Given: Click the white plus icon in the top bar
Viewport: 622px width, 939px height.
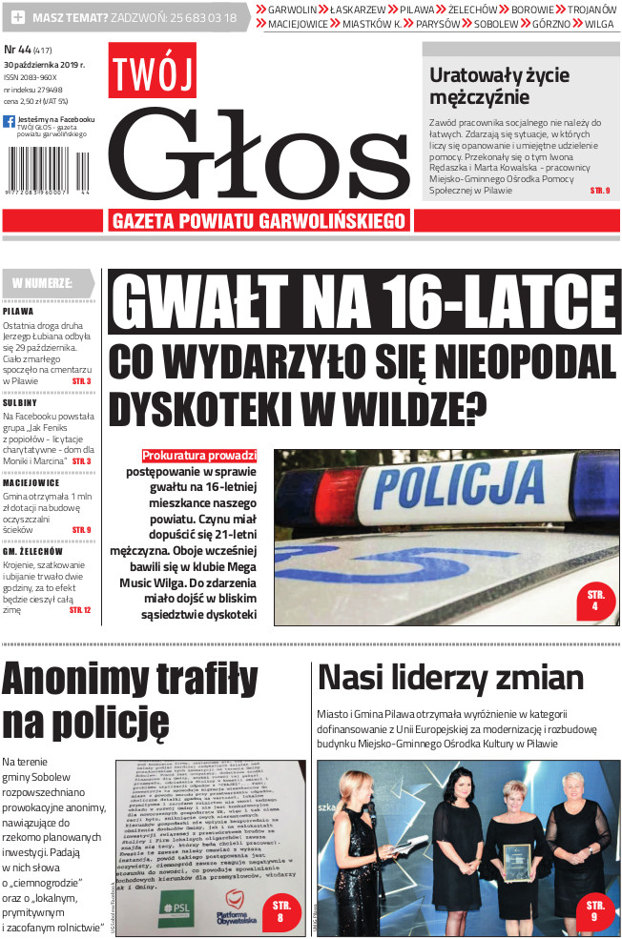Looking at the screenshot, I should coord(18,18).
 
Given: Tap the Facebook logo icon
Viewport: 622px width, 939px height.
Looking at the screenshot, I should coord(9,121).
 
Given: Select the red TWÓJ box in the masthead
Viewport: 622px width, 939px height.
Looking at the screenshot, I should coord(153,71).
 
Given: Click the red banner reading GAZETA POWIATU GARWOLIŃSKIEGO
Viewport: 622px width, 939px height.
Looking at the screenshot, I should coord(259,221).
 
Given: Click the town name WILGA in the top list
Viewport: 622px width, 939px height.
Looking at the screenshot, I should coord(599,24).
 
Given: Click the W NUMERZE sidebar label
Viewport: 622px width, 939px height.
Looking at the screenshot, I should coord(44,283).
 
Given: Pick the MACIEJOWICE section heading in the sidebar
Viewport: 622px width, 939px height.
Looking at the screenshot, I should coord(31,482).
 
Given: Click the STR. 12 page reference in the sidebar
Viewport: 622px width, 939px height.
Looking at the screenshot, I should coord(80,609).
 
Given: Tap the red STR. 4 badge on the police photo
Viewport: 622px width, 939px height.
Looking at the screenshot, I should coord(594,600).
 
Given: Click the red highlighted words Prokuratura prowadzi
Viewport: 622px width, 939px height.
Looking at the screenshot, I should coord(199,456).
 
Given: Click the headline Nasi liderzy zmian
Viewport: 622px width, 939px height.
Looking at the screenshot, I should coord(450,678).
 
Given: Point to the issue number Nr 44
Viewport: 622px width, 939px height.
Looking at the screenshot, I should coord(17,50).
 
